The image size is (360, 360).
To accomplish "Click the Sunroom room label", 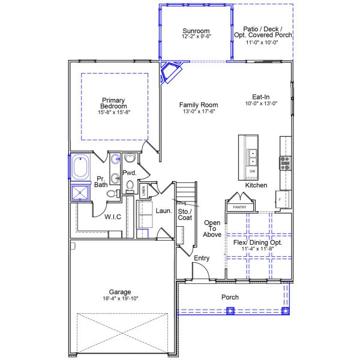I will click(x=196, y=31).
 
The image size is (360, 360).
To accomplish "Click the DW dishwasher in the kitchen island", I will click(x=253, y=172).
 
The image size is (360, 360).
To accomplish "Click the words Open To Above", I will click(x=212, y=229).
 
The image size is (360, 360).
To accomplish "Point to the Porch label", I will click(x=230, y=297).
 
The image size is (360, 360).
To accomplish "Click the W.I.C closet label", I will click(x=113, y=217).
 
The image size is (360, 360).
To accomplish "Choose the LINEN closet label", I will click(x=143, y=191).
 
